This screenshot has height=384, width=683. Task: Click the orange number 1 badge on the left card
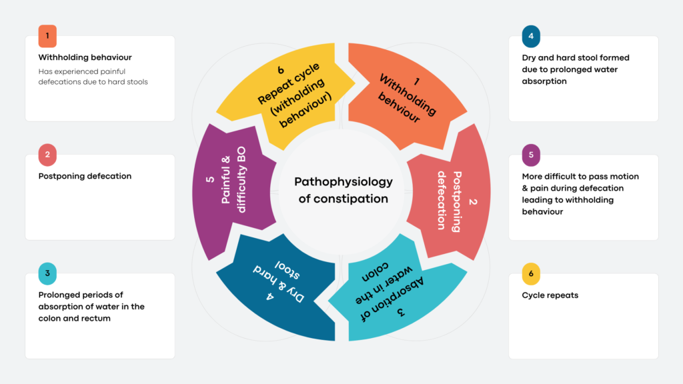coord(47,36)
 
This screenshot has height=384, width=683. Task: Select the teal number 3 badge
coord(47,273)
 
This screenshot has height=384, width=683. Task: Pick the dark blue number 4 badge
coord(531,36)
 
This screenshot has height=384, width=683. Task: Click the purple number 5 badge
coord(531,155)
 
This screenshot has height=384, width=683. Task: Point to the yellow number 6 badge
coord(531,273)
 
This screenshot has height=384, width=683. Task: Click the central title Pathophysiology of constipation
coord(344,190)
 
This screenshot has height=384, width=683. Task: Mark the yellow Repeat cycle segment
coord(287,93)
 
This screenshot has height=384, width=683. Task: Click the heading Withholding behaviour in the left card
coord(85,57)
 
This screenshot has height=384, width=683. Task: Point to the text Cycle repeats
coord(550,295)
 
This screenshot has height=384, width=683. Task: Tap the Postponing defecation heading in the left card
coord(85,176)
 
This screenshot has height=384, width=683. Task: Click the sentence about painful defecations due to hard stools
coord(93,77)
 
